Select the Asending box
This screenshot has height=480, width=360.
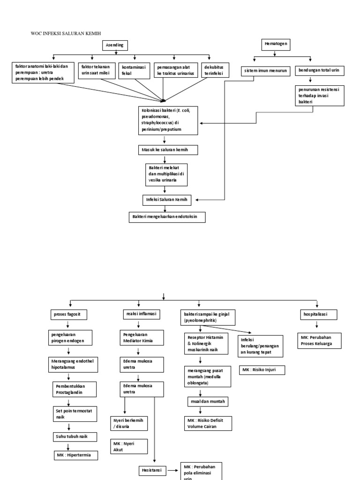tap(115, 45)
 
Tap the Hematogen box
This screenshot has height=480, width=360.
tap(276, 45)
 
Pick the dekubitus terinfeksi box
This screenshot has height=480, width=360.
tap(215, 70)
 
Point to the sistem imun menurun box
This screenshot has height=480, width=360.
tap(266, 71)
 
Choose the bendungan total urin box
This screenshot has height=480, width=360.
tap(319, 70)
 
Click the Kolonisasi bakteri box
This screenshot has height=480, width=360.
tap(167, 120)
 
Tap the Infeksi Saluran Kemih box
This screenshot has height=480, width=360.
tap(167, 200)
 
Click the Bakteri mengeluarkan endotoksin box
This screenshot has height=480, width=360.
tap(167, 217)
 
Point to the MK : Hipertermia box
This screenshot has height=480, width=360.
tap(75, 454)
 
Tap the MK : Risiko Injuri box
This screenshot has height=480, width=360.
tap(262, 370)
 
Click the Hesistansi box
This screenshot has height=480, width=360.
tap(152, 470)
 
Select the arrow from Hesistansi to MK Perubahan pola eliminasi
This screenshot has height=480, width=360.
tap(173, 470)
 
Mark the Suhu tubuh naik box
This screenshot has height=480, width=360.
tap(75, 436)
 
